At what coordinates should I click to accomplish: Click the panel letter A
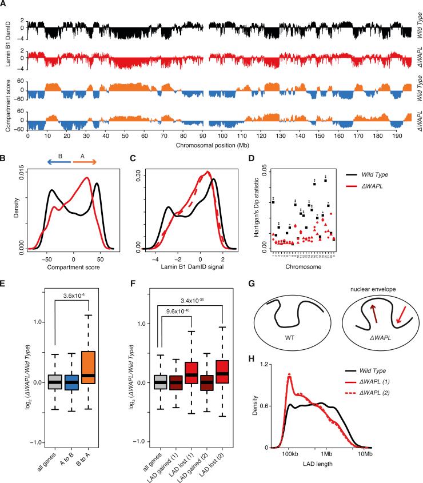pyautogui.click(x=5, y=5)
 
